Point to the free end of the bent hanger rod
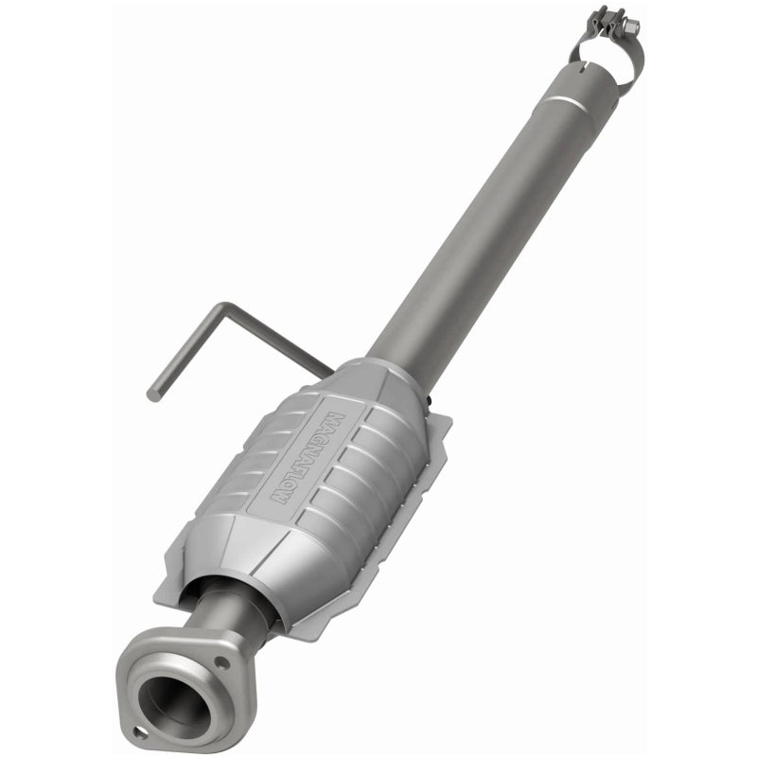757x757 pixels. (x=154, y=393)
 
